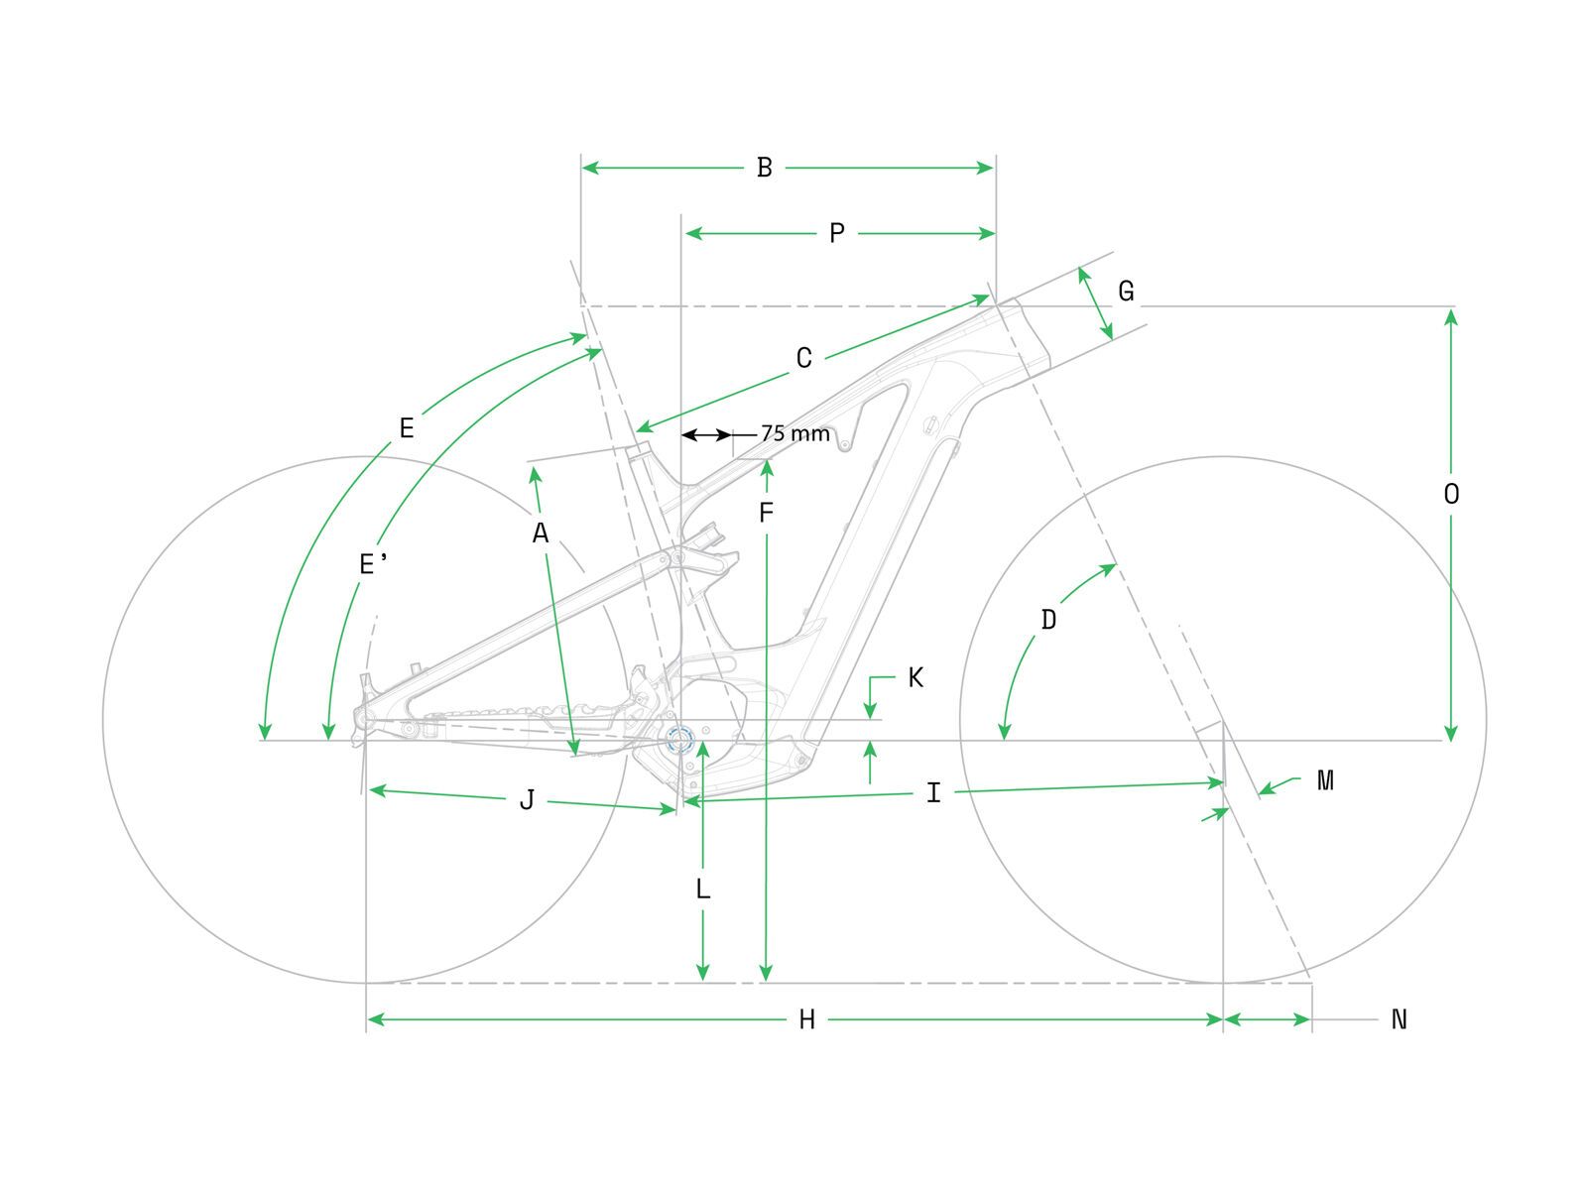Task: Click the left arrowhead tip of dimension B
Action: pos(582,168)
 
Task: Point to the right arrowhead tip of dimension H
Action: pos(1221,1019)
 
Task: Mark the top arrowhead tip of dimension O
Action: pos(1450,309)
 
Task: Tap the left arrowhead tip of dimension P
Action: pos(685,233)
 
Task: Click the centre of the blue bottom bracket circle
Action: pos(679,739)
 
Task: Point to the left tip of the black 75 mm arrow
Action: pos(682,435)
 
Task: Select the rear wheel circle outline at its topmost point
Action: pos(365,456)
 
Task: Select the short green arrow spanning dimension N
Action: pos(1268,1019)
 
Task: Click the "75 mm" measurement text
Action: pos(794,433)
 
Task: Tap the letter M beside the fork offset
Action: pos(1325,779)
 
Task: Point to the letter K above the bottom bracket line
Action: pos(916,677)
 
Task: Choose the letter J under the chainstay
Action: pos(527,800)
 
